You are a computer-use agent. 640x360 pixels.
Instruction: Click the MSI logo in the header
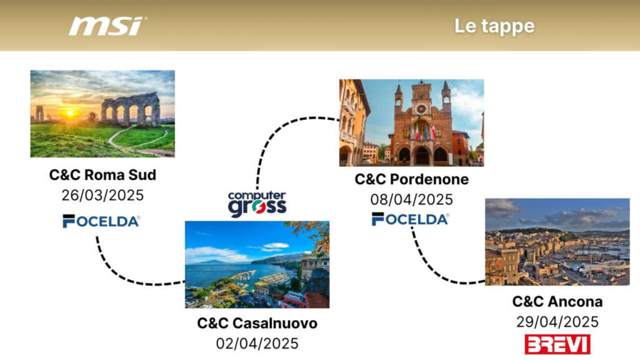pos(108,26)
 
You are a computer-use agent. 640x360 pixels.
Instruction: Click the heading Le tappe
pos(494,26)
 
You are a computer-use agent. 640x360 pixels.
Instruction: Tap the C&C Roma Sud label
pos(103,175)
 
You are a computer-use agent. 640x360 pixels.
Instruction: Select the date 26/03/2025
pos(103,195)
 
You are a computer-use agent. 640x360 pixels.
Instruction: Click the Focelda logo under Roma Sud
pos(101,221)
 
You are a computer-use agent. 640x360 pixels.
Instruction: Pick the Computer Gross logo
pos(257,204)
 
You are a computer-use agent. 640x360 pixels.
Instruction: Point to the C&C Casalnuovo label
pos(257,323)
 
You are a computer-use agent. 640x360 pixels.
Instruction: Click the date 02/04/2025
pos(257,344)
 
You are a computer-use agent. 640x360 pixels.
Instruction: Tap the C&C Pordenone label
pos(411,179)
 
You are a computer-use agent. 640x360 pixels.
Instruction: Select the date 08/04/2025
pos(411,199)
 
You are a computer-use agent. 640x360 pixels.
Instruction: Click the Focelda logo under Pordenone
pos(410,219)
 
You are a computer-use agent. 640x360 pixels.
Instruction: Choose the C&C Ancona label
pos(557,302)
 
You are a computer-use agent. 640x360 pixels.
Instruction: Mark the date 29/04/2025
pos(557,322)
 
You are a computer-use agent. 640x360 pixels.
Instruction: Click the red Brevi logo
pos(557,344)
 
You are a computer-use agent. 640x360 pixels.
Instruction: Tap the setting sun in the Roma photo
pos(71,113)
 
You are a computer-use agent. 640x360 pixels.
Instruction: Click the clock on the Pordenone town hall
pos(421,109)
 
